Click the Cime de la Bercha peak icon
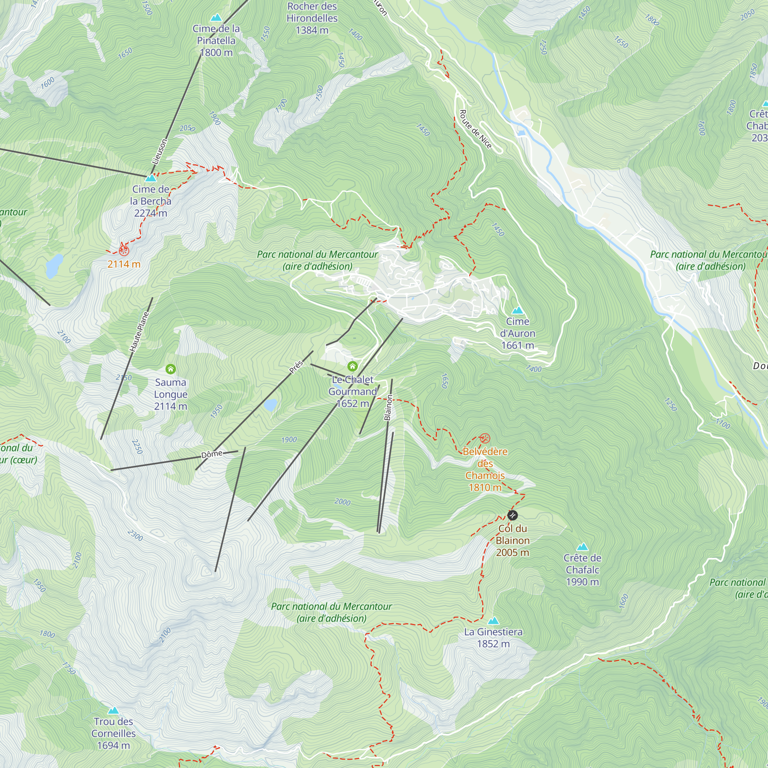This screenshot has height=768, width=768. click(x=151, y=178)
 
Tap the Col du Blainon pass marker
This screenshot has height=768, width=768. click(x=512, y=516)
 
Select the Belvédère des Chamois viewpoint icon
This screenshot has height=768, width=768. click(x=485, y=439)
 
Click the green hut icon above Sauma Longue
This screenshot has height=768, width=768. click(x=170, y=369)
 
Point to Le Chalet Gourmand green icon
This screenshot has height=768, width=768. click(x=352, y=366)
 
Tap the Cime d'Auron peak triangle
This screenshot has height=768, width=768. click(x=517, y=310)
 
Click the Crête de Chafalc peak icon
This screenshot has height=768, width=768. click(x=582, y=547)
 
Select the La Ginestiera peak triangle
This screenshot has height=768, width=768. click(x=493, y=621)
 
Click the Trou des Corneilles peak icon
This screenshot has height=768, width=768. click(x=113, y=710)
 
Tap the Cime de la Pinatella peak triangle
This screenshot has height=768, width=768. click(x=216, y=18)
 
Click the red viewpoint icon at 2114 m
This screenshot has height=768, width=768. click(x=124, y=250)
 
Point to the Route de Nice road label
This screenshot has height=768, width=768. click(x=475, y=129)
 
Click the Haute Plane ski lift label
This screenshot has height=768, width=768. click(x=139, y=332)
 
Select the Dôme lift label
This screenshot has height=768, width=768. click(x=212, y=454)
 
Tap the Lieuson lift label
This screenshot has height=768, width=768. click(x=159, y=152)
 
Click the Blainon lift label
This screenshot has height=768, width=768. click(x=388, y=407)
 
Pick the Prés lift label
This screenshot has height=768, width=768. click(x=296, y=367)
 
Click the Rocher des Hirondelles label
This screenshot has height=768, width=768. click(x=312, y=18)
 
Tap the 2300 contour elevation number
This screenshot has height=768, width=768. click(x=136, y=535)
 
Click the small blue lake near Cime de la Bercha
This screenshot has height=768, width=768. click(x=55, y=266)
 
